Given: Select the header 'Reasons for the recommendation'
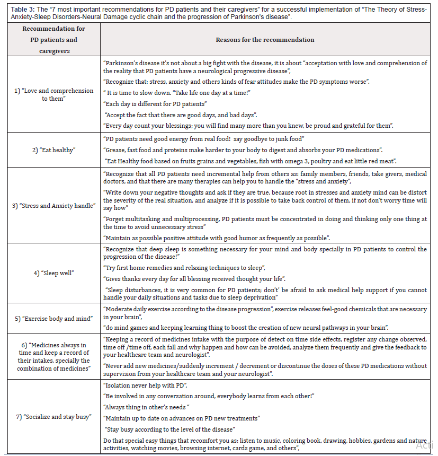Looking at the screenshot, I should point(265,40).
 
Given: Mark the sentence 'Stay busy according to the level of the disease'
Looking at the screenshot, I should point(170,429).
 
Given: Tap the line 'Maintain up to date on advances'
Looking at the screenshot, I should point(182,418).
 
